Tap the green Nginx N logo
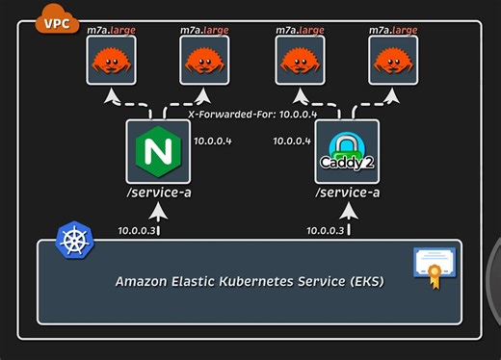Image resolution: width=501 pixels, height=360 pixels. pos(158,151)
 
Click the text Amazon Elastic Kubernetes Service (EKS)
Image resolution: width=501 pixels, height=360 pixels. pos(249,282)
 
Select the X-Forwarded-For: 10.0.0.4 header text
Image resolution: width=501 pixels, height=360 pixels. pos(250,115)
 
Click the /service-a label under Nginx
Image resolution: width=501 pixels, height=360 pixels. pos(157,193)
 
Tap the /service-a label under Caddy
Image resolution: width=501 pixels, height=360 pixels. pos(347,193)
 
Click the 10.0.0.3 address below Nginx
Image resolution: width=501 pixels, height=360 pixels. pos(137,230)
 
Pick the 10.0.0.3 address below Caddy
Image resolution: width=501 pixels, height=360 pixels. pos(326,230)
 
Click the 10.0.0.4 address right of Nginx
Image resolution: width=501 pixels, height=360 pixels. pos(214,141)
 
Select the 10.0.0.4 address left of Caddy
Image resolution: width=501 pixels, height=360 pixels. pos(292,141)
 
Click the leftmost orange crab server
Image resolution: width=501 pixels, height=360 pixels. pos(111,61)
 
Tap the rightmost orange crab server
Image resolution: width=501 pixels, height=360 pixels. pos(393,61)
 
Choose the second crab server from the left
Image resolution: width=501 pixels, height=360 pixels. pos(204,61)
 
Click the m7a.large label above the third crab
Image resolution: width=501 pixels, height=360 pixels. pos(300,30)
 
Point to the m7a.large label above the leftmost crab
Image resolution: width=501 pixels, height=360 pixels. pos(111,30)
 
